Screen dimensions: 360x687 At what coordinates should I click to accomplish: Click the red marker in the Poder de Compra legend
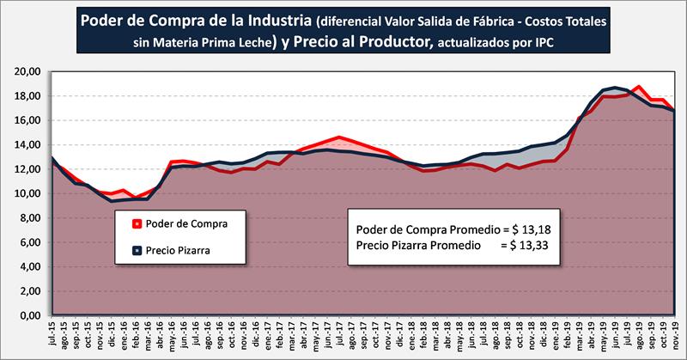[x=134, y=223]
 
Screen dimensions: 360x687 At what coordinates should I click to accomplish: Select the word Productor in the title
[x=387, y=43]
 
